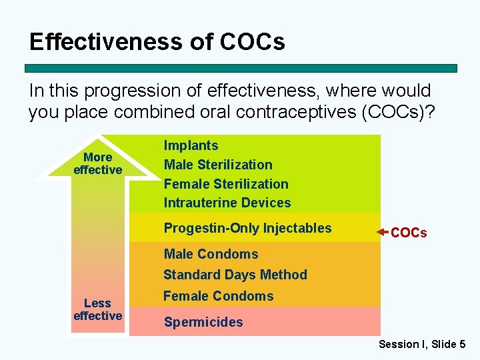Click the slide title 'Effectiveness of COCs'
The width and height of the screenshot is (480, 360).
click(157, 42)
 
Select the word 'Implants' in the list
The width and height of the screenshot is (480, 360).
click(191, 145)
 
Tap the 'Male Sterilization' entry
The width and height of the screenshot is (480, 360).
click(218, 165)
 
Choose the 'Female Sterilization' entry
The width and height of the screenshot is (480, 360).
click(226, 184)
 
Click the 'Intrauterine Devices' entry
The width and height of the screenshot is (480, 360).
click(227, 203)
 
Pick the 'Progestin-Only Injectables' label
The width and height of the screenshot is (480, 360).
click(247, 228)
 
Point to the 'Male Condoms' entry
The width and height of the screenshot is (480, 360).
click(211, 254)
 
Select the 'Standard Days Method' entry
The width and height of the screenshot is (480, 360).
click(235, 275)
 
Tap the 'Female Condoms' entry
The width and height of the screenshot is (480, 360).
click(219, 296)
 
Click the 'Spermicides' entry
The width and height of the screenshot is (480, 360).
click(203, 322)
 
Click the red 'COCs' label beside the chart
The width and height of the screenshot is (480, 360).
click(409, 233)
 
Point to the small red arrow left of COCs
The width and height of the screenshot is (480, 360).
click(382, 232)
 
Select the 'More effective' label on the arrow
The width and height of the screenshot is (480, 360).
click(98, 163)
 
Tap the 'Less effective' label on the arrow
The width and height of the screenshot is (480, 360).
click(98, 309)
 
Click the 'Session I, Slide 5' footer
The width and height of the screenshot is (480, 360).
click(422, 344)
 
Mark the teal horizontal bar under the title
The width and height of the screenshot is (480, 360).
click(241, 68)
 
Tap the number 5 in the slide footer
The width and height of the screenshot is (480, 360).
click(462, 344)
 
